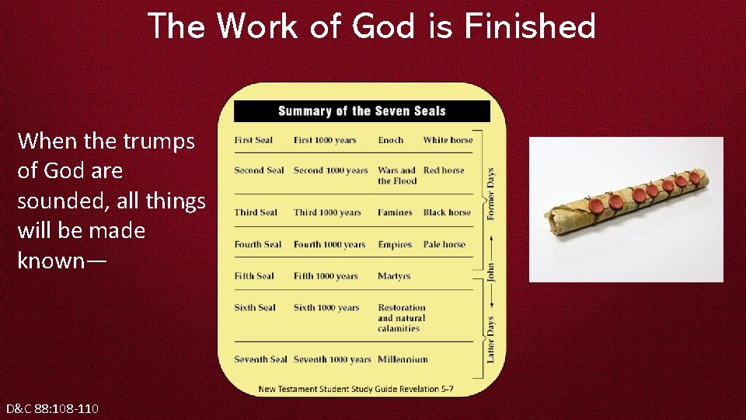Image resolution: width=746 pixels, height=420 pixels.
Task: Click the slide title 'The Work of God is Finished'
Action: (371, 26)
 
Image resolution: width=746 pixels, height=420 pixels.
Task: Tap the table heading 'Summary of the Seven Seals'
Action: (362, 111)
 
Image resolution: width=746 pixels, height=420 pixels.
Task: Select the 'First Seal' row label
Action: (253, 140)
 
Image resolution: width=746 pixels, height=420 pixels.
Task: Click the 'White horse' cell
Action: (448, 140)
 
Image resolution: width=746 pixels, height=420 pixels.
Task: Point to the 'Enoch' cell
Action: (391, 140)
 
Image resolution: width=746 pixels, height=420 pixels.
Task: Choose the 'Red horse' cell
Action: (444, 170)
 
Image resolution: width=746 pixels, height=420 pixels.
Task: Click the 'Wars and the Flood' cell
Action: (397, 176)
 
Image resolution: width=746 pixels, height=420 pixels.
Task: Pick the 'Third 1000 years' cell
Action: (327, 212)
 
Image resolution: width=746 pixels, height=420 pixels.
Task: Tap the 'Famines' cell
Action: (395, 212)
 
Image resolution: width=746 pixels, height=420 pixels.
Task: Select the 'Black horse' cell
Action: (447, 212)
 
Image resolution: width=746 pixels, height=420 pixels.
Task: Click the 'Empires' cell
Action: (395, 244)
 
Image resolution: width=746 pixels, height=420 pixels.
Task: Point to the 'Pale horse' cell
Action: (444, 244)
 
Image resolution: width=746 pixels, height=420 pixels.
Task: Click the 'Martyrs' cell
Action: (394, 276)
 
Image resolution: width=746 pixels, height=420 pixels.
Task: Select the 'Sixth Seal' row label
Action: (255, 307)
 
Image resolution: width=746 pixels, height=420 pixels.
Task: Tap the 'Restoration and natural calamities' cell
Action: (402, 318)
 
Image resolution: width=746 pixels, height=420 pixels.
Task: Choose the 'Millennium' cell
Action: (403, 359)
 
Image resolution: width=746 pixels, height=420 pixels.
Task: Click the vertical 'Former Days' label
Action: (490, 194)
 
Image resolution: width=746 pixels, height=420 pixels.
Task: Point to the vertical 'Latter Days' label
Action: (490, 338)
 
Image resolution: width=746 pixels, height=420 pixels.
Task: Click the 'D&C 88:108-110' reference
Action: (52, 408)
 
